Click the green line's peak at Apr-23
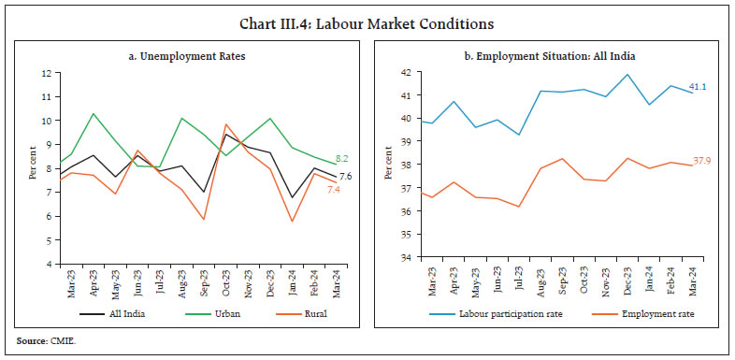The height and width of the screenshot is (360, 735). point(92,113)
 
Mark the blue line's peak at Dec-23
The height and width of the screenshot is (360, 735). point(627,75)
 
